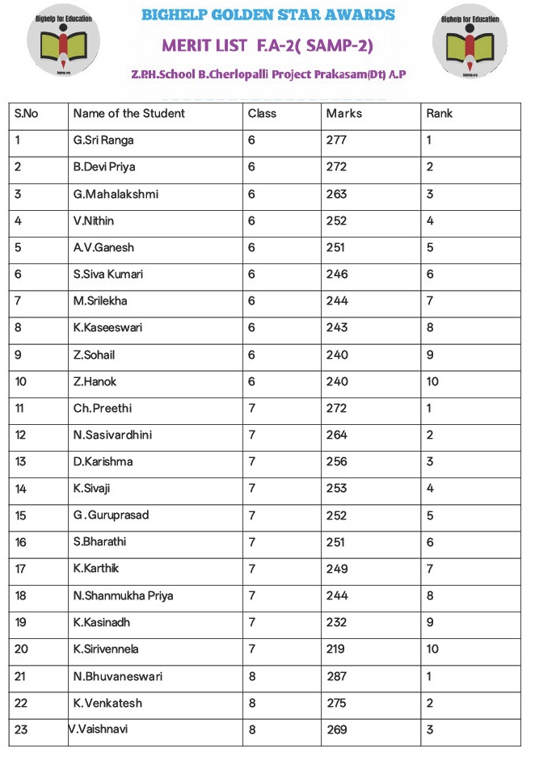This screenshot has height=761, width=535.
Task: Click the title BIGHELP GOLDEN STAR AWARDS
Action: [x=268, y=15]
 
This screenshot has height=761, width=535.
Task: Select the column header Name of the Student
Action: [x=128, y=114]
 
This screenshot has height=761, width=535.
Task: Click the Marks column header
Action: [x=344, y=114]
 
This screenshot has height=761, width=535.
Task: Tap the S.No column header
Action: [x=26, y=114]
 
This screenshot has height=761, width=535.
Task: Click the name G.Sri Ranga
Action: [x=103, y=141]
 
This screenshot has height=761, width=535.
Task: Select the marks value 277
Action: [x=336, y=141]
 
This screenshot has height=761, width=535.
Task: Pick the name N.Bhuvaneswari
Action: [x=118, y=676]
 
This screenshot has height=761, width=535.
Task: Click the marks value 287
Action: [x=336, y=676]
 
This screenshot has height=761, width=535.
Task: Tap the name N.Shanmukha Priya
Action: [x=123, y=596]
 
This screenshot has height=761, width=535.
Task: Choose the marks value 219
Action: [x=336, y=650]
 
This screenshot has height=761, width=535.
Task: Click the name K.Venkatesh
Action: [x=107, y=703]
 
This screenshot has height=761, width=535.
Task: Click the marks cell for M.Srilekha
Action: [x=336, y=301]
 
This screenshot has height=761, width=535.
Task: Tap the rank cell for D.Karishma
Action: [x=430, y=462]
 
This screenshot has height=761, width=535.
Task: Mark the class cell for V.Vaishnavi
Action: [x=252, y=730]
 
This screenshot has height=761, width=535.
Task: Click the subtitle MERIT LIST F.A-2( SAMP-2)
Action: [x=267, y=45]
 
